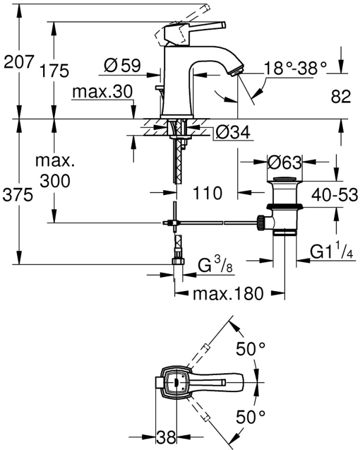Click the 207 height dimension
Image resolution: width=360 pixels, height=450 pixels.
point(19,62)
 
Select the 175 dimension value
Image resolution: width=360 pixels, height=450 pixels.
point(54,71)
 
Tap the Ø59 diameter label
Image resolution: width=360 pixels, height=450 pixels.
point(123,66)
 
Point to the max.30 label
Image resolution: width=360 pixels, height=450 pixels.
point(103,92)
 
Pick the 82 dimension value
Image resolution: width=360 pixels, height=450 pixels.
point(341,96)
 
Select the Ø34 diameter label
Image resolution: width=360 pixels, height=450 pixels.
point(233,132)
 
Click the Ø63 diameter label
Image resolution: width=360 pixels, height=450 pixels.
point(284,163)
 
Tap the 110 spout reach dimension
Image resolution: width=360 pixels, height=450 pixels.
point(208,193)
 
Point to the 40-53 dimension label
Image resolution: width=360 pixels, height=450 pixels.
point(335,195)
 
